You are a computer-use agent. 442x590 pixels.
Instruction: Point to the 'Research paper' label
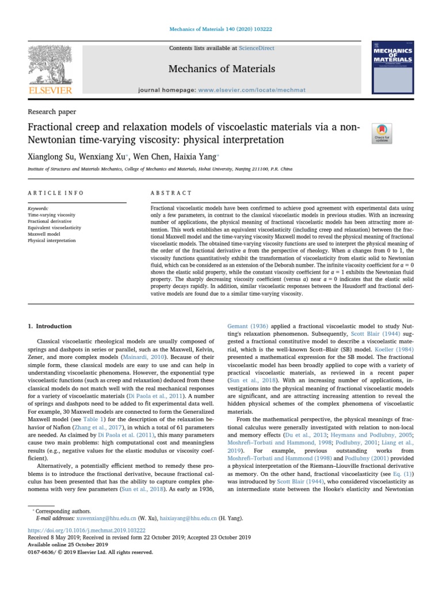[x=52, y=112]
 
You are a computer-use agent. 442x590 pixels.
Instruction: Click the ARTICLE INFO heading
[x=56, y=193]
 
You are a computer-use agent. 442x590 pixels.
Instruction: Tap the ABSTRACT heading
[x=171, y=193]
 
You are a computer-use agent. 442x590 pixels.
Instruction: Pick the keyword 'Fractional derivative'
[x=49, y=221]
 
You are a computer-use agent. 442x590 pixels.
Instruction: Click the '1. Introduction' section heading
[x=50, y=326]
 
